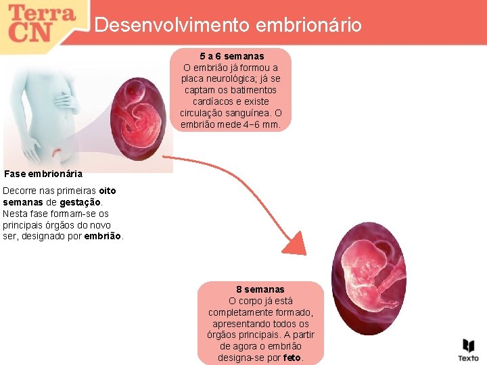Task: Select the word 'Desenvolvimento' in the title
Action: click(x=172, y=26)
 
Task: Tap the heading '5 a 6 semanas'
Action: click(x=232, y=56)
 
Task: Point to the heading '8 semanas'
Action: click(x=260, y=289)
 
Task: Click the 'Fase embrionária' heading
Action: click(x=43, y=174)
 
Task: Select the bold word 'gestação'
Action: click(x=80, y=202)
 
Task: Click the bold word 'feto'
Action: click(x=292, y=358)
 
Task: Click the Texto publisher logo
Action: click(x=468, y=349)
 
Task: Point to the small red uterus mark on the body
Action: click(x=60, y=149)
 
